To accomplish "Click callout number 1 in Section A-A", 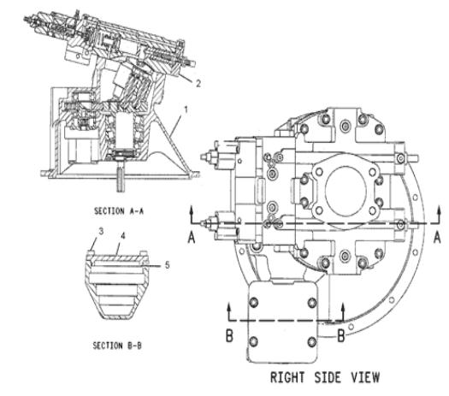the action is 186,110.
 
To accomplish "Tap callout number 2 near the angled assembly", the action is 198,83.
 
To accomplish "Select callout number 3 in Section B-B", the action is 101,232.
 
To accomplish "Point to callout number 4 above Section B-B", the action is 123,236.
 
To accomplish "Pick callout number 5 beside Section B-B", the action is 168,265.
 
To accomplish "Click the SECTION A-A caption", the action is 119,211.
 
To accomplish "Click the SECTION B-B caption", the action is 117,346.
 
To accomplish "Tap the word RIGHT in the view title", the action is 287,377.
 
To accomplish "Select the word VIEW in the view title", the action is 365,377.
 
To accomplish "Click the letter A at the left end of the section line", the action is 192,238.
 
